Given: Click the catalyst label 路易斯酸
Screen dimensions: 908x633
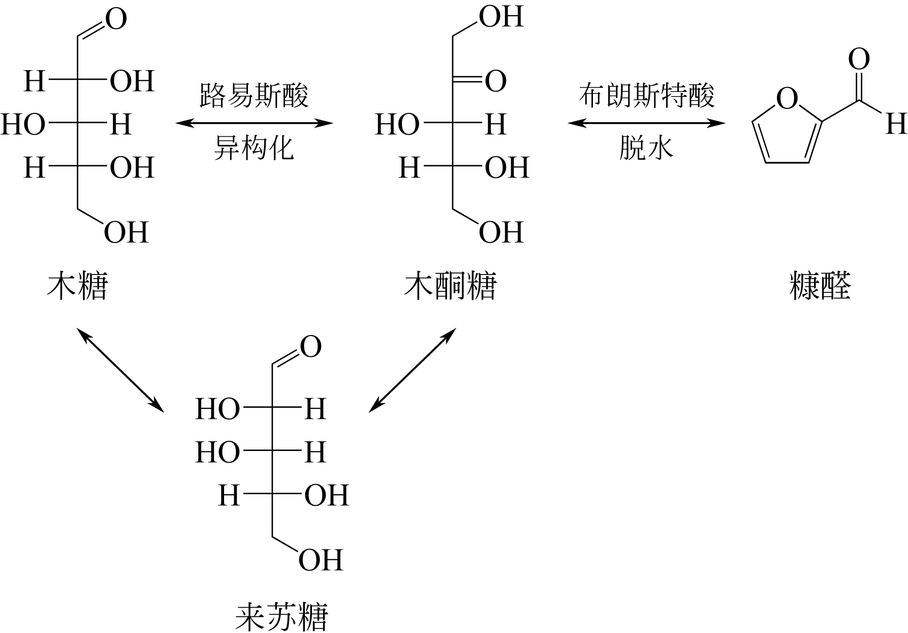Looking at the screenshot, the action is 254,95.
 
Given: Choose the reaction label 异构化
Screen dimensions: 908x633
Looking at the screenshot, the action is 254,148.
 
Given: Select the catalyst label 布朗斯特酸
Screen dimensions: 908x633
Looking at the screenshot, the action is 647,95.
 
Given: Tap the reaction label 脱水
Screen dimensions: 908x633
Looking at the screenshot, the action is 646,148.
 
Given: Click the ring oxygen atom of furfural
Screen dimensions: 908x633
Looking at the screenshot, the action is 787,99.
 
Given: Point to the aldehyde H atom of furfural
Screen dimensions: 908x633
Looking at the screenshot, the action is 896,124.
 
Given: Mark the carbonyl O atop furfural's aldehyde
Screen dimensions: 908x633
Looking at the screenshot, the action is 859,59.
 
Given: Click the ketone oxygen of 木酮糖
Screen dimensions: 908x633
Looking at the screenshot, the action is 495,81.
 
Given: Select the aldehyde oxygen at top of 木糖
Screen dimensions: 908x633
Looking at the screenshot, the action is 115,20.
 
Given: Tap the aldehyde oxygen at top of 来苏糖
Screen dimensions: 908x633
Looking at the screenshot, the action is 310,347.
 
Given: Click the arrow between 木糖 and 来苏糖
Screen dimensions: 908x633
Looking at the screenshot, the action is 120,370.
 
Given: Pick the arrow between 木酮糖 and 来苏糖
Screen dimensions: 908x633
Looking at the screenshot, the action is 413,370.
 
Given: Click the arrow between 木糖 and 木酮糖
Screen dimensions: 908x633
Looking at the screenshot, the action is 254,123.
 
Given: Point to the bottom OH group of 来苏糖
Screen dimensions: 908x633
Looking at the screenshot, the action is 321,560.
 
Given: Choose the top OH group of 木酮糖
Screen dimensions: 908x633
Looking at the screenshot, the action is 502,17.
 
